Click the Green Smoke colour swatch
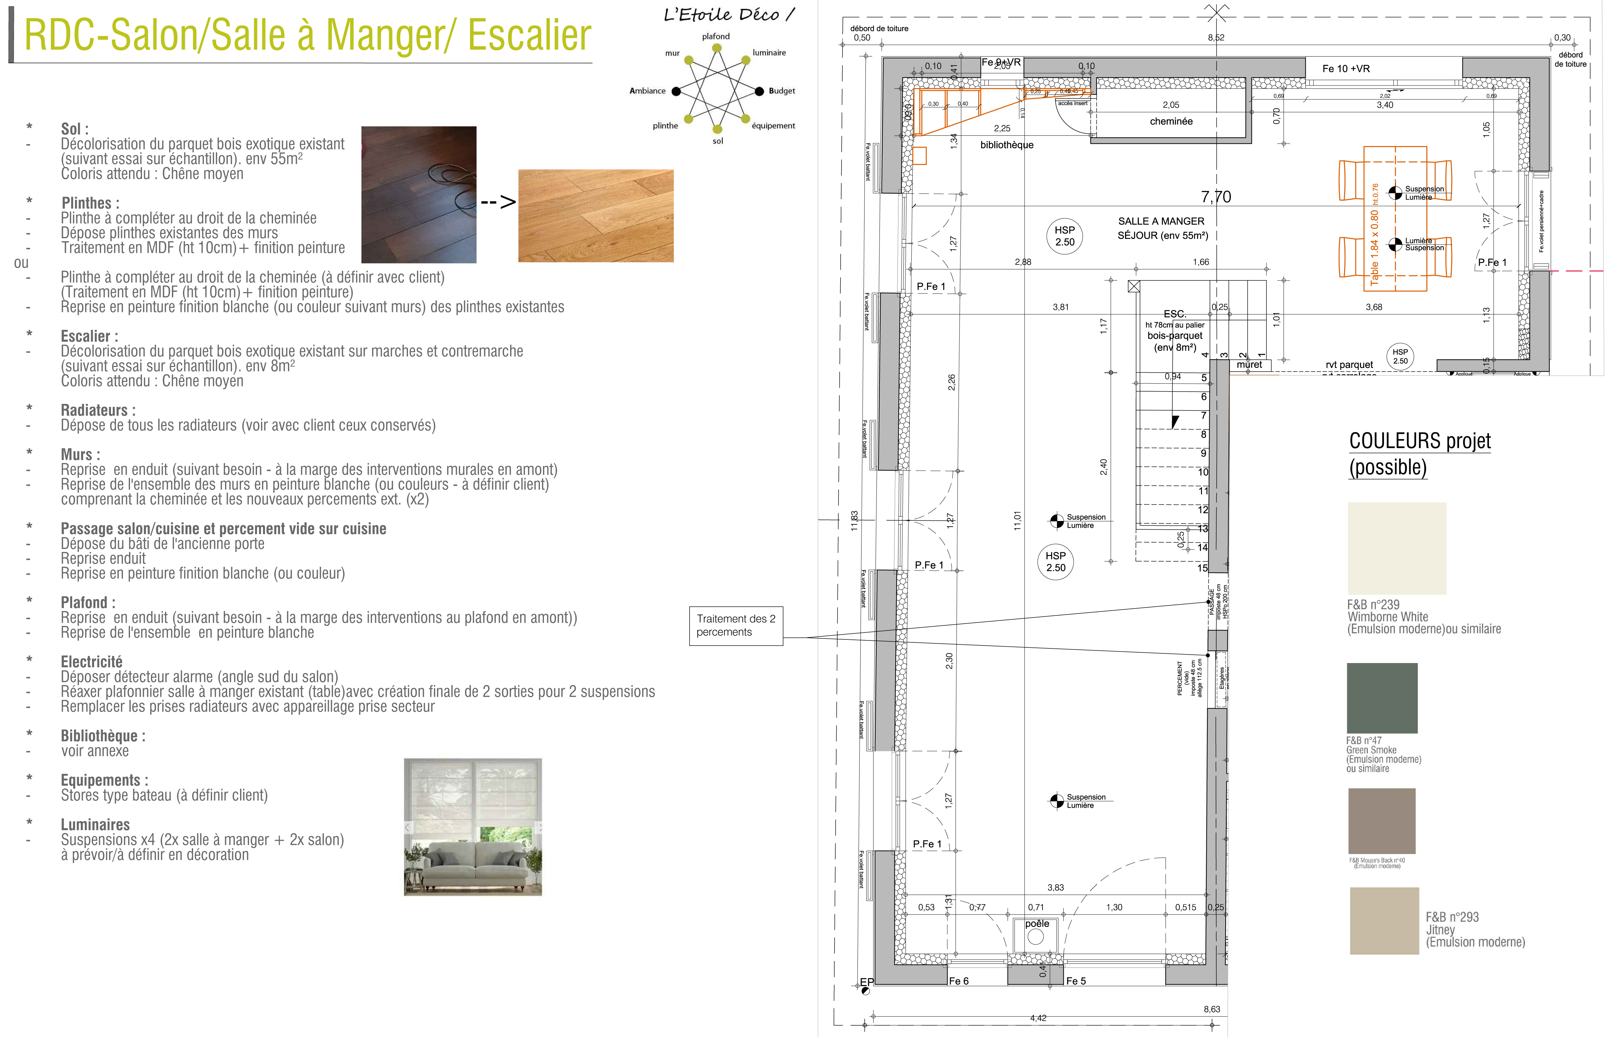coord(1381,698)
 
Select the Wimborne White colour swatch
coord(1396,548)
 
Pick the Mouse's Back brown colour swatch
coord(1381,820)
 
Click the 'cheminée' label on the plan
coord(1171,121)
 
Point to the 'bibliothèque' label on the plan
coord(1006,145)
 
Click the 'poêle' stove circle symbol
coord(1036,937)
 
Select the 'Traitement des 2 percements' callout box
coord(736,625)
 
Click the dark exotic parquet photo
coord(418,195)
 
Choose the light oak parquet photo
coord(595,215)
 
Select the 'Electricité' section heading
coord(92,662)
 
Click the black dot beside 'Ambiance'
coord(676,91)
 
